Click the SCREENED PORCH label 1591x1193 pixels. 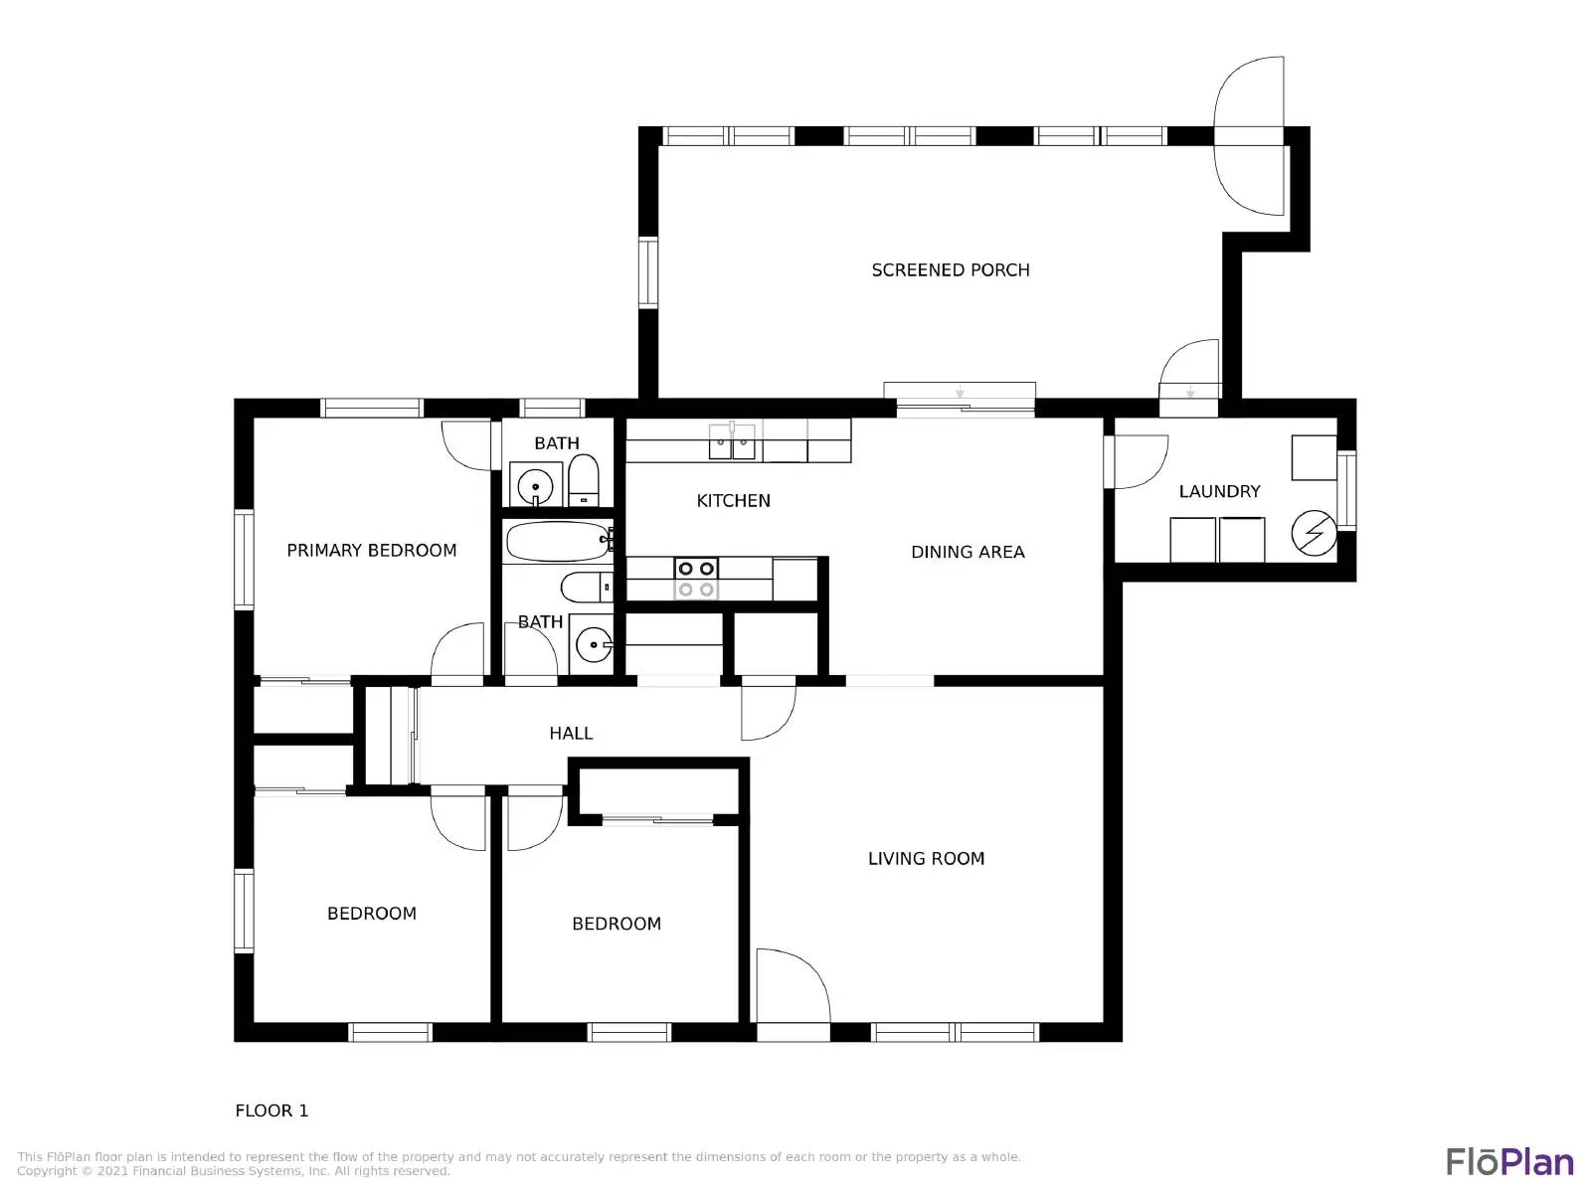pyautogui.click(x=950, y=270)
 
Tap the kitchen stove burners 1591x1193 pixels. pyautogui.click(x=695, y=579)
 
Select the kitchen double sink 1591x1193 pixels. pyautogui.click(x=732, y=441)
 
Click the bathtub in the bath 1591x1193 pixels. pyautogui.click(x=558, y=542)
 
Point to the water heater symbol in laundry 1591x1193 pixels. pyautogui.click(x=1313, y=534)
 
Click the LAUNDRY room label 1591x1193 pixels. pyautogui.click(x=1219, y=491)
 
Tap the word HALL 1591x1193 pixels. pyautogui.click(x=571, y=734)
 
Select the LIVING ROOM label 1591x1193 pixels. pyautogui.click(x=926, y=859)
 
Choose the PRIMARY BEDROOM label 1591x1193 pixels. pyautogui.click(x=371, y=551)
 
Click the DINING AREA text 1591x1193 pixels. pyautogui.click(x=968, y=552)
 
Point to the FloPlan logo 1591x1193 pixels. pyautogui.click(x=1509, y=1161)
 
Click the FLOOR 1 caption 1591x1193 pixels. pyautogui.click(x=271, y=1110)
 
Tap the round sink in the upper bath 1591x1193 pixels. pyautogui.click(x=536, y=486)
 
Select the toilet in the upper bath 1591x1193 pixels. pyautogui.click(x=584, y=483)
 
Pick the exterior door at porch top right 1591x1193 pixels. pyautogui.click(x=1249, y=136)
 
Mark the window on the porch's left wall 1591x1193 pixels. pyautogui.click(x=648, y=272)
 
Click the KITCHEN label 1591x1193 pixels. pyautogui.click(x=733, y=501)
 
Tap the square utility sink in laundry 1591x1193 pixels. pyautogui.click(x=1313, y=457)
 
